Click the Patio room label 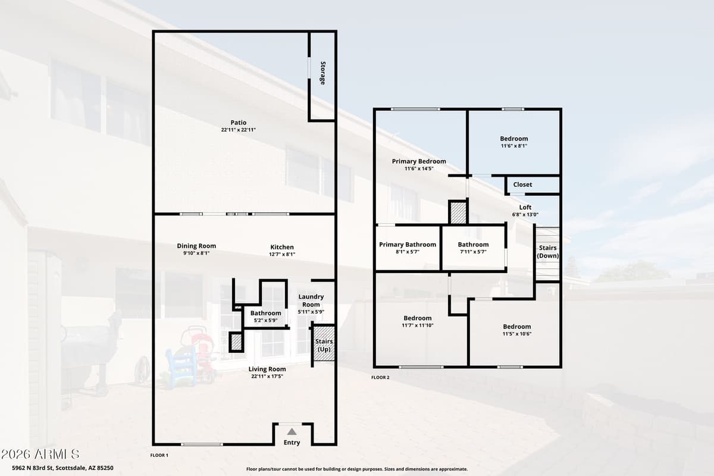238,123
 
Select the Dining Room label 196,246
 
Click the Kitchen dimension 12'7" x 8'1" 281,254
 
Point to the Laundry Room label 311,300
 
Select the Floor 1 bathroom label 265,313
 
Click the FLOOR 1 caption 159,455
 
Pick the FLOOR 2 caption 380,377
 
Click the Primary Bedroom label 419,161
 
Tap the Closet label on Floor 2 522,184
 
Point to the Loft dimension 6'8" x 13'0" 525,215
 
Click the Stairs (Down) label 547,251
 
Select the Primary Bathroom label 408,245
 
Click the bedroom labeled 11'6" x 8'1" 513,139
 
